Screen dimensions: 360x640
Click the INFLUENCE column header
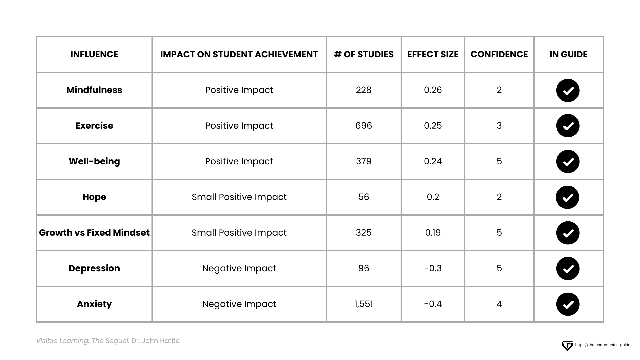(x=94, y=54)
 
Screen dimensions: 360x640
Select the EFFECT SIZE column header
(x=433, y=54)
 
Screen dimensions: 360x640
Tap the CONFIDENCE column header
(x=499, y=54)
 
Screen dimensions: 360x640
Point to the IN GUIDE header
(x=568, y=54)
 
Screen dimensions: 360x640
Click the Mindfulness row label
(x=94, y=90)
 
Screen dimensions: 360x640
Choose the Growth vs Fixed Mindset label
(x=94, y=233)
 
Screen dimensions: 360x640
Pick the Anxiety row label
(x=94, y=304)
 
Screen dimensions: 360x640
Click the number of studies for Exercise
(x=363, y=126)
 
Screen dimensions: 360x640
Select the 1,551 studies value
(x=363, y=304)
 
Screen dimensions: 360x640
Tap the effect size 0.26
(x=433, y=90)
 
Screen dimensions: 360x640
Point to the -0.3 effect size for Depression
(x=433, y=268)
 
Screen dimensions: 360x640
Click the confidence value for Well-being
(x=499, y=161)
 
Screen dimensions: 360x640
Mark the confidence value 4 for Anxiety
(x=499, y=304)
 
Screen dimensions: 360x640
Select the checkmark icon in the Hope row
(x=568, y=197)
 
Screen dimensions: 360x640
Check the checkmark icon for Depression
(x=568, y=269)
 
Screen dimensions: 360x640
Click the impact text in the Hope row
(x=239, y=197)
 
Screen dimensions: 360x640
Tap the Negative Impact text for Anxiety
(x=239, y=304)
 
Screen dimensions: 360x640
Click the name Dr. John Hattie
(x=155, y=341)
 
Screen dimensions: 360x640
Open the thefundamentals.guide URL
(x=602, y=345)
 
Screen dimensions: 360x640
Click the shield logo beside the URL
(x=567, y=345)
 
